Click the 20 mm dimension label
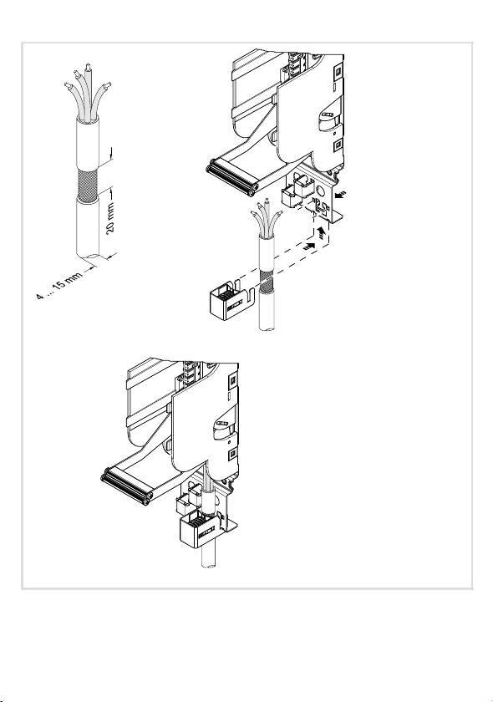pos(110,217)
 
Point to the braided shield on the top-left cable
pos(88,185)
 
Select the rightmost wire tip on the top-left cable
pos(107,85)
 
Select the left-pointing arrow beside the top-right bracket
pos(340,194)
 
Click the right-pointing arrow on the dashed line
pos(309,246)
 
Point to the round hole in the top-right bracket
pos(321,191)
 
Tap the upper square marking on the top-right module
pos(338,71)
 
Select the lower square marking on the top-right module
pos(338,144)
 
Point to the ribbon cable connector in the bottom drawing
pos(126,486)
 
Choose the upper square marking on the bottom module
pos(232,380)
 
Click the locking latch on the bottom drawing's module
pos(222,425)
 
